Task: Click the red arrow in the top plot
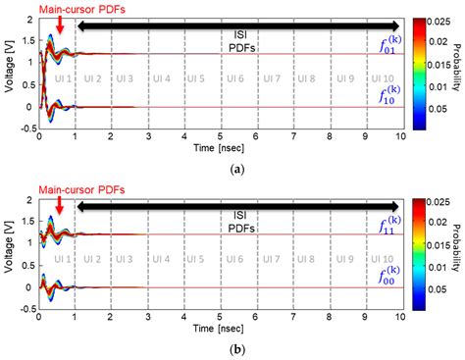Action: click(60, 27)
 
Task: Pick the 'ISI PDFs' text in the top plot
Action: click(238, 39)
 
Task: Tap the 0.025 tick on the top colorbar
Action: click(439, 23)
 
